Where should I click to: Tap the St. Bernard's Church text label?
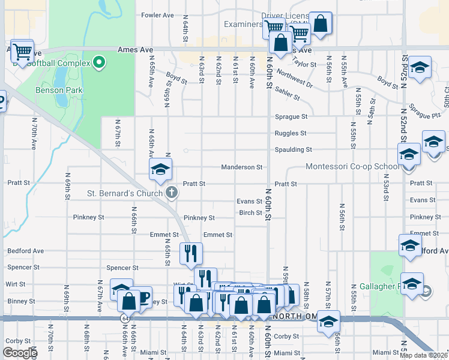tap(125, 193)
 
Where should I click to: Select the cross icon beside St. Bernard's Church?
tap(172, 193)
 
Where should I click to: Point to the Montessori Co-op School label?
tap(352, 167)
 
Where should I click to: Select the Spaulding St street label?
tap(294, 149)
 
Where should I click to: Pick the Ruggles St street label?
tap(291, 133)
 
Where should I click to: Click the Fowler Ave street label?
tap(157, 15)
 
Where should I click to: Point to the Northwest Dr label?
tap(295, 81)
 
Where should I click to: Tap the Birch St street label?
tap(251, 212)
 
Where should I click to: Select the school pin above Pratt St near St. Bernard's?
tap(161, 170)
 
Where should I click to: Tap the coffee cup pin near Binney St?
tap(142, 298)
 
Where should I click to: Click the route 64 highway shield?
tap(124, 317)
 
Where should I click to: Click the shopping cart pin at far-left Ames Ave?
tap(22, 52)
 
